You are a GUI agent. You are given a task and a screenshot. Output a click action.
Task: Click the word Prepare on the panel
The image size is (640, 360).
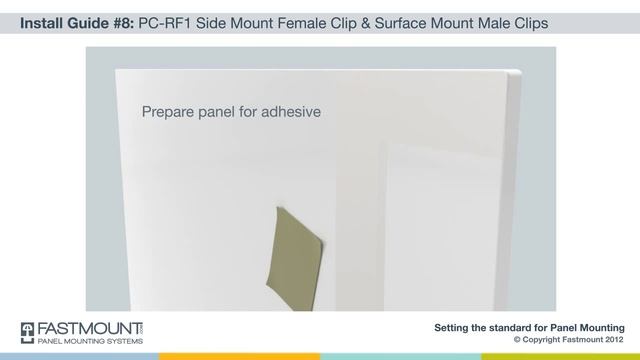[x=171, y=112]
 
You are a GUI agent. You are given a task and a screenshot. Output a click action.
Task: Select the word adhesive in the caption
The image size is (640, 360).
[x=291, y=112]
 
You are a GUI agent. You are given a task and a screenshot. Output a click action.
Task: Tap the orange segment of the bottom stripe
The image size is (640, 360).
[x=240, y=356]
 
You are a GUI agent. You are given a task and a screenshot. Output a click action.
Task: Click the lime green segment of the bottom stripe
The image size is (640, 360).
[x=560, y=356]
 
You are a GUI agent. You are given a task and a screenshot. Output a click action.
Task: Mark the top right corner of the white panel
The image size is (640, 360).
[x=519, y=71]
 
